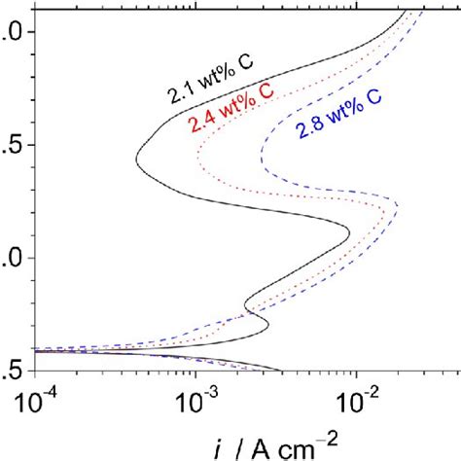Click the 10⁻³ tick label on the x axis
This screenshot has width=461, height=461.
click(197, 400)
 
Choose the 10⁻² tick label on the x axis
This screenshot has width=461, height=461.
click(357, 400)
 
